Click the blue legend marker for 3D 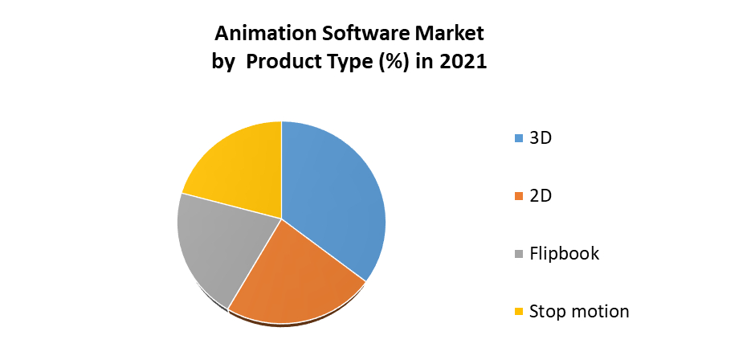[x=519, y=138]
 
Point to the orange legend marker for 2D [x=519, y=196]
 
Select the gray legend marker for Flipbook [x=519, y=254]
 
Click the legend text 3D [x=541, y=137]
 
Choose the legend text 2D [x=541, y=195]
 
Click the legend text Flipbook [x=564, y=254]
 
